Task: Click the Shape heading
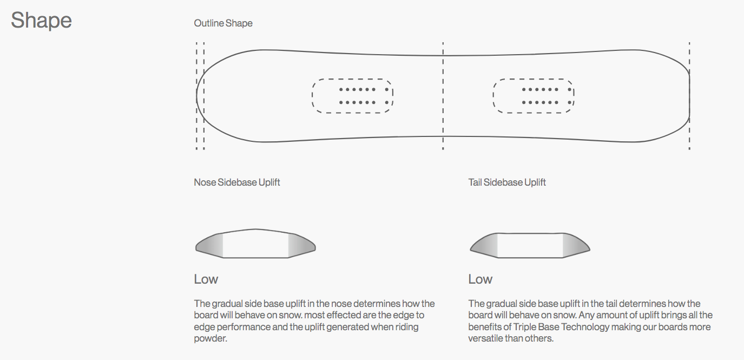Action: (41, 21)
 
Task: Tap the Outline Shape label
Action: (223, 23)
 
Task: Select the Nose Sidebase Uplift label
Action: (237, 182)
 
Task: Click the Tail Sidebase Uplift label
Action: (507, 182)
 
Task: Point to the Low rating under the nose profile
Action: (206, 279)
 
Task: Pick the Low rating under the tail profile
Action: (480, 279)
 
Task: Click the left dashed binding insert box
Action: (352, 96)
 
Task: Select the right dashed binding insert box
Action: (533, 96)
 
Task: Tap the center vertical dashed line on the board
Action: (443, 125)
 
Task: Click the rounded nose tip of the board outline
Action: (197, 96)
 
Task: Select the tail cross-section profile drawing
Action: (530, 245)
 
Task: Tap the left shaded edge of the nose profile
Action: (210, 245)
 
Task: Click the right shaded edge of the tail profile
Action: (575, 245)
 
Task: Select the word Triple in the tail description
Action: (525, 327)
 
